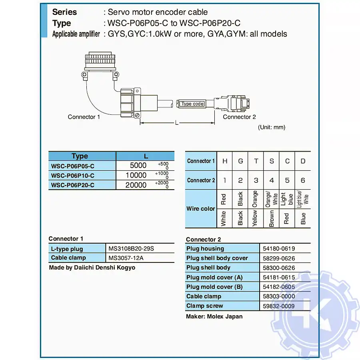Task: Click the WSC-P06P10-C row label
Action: [73, 175]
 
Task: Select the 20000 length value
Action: [136, 185]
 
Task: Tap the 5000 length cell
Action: [138, 165]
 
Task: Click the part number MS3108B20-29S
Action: [131, 249]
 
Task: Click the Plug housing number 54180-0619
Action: [280, 249]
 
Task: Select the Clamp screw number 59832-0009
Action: [280, 306]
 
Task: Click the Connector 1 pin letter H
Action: [225, 161]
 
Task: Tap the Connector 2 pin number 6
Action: [303, 180]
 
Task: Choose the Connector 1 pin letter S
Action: [272, 161]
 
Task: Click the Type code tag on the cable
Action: [192, 104]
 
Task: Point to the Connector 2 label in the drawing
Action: [239, 117]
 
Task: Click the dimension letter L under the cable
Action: [176, 123]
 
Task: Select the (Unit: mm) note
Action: [272, 127]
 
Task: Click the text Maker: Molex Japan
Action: [214, 316]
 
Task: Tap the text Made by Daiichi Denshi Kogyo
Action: [92, 268]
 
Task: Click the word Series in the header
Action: [64, 12]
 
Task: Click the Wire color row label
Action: [201, 208]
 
